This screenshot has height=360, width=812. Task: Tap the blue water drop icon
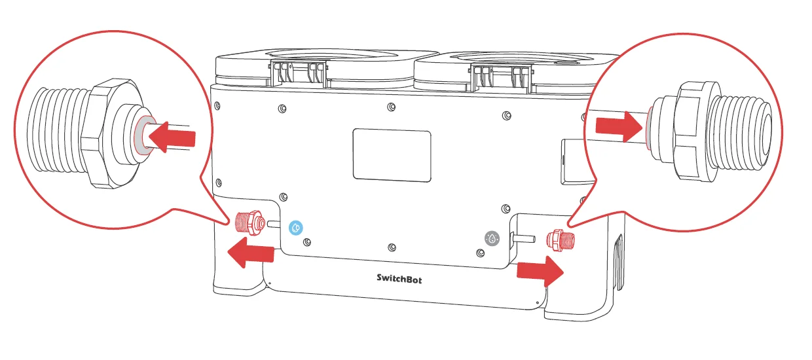point(296,228)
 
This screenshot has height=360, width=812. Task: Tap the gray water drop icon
point(492,239)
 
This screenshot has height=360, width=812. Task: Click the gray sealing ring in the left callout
point(141,135)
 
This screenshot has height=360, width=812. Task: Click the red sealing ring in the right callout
point(648,126)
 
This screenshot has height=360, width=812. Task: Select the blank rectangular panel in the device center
point(392,154)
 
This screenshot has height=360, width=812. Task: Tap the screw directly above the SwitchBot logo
point(392,247)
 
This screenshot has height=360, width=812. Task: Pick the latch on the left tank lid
point(301,73)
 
